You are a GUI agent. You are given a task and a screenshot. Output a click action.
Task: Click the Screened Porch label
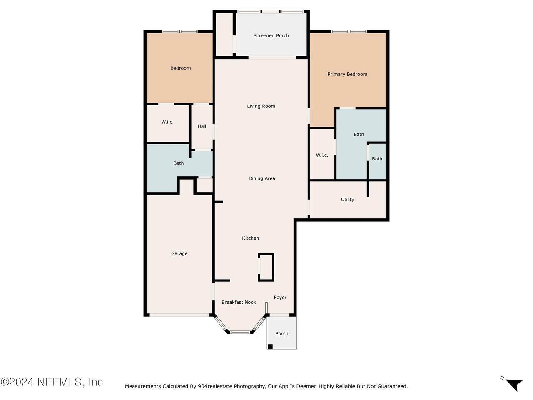coord(271,35)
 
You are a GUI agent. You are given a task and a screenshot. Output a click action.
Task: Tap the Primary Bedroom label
coord(347,74)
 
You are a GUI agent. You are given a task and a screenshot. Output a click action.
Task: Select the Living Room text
coord(261,106)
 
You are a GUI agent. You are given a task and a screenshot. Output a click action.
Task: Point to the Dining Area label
coord(262,178)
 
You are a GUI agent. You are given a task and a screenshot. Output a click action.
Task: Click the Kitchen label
coord(250,238)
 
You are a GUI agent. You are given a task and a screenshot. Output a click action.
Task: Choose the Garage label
coord(179,253)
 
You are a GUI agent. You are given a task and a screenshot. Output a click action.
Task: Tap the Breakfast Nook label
coord(239,302)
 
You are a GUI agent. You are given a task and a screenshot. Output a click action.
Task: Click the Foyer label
coord(280,297)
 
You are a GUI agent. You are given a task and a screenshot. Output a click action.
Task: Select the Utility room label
coord(347,200)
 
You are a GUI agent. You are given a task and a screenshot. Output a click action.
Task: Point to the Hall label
coord(202,126)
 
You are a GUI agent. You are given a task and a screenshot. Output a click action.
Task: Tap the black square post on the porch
coord(270,347)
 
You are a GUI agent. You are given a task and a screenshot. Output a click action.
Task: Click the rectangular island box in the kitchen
coord(266,267)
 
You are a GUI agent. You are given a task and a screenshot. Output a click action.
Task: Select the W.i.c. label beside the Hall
coord(167,122)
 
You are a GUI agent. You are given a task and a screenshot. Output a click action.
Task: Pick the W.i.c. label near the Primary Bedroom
coord(322,155)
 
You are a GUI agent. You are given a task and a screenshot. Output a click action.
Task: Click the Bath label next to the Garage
coord(179,163)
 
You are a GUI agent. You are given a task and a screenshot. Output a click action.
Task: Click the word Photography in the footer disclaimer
coord(249,386)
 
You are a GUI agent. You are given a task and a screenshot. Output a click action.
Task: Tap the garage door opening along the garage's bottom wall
coord(179,315)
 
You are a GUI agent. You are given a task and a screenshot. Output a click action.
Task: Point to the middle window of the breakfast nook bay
coord(240,332)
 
